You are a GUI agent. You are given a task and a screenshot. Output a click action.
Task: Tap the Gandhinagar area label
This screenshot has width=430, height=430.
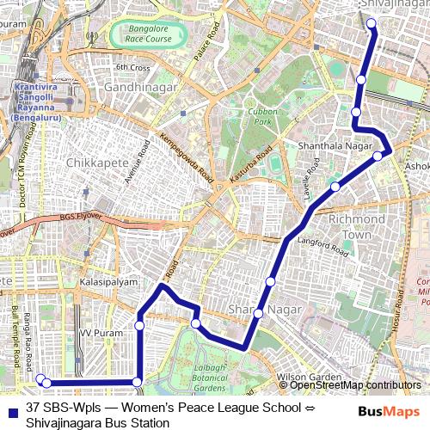pos(140,88)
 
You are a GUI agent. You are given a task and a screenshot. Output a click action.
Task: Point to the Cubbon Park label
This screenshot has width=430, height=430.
pos(260,116)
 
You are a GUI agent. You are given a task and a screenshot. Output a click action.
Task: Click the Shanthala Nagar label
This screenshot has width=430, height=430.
pos(332,146)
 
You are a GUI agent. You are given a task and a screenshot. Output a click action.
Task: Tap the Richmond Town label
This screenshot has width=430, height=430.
pos(350,227)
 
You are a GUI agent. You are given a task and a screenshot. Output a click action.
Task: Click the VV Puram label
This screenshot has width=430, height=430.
pos(97,331)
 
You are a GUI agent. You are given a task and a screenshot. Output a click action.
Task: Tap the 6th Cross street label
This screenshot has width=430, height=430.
pos(132,67)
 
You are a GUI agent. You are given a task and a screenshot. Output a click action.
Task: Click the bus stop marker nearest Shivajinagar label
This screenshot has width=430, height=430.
pos(372,23)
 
